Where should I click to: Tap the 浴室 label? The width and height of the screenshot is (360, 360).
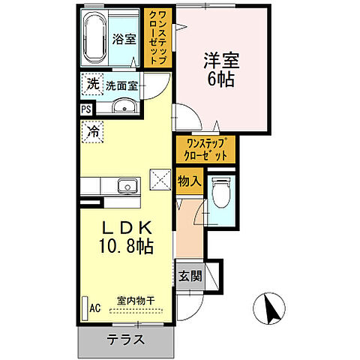124,39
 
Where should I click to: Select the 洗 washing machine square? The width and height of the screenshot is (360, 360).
91,84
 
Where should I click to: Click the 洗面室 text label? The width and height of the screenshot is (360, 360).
121,85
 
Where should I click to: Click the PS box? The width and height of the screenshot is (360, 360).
85,108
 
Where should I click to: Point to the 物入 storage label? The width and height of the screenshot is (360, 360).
188,181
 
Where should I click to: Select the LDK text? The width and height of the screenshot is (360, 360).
124,226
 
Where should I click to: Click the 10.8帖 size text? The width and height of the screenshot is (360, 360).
127,246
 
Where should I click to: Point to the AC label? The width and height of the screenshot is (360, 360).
95,307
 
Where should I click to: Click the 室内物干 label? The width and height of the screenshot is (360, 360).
135,301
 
